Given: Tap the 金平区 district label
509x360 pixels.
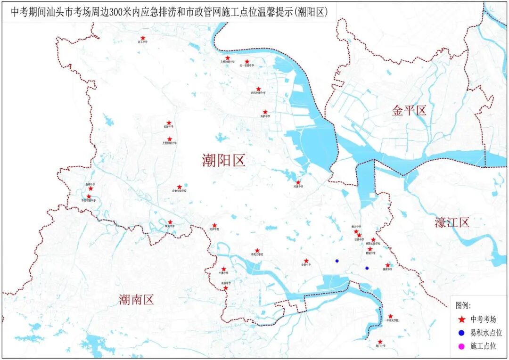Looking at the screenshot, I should tap(409, 111).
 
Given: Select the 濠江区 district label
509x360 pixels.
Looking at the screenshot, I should tap(452, 222).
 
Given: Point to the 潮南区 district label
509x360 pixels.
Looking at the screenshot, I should tap(136, 299).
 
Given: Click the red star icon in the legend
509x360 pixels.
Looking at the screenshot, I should tap(461, 319).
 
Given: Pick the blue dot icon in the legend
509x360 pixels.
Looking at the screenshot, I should tap(461, 333).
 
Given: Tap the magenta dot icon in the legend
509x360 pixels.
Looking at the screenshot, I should tap(461, 346).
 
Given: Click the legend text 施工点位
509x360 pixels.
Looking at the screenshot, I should tap(483, 346).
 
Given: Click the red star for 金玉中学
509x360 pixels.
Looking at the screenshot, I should tap(143, 38).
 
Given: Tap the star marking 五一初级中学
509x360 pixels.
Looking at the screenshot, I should tap(247, 62).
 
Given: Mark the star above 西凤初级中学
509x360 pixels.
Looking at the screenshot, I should tap(258, 89).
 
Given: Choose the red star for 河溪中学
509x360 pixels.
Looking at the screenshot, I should tap(298, 182).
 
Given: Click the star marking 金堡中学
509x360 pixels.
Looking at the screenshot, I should tap(306, 261).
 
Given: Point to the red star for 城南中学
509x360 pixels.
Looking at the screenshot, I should tap(388, 265).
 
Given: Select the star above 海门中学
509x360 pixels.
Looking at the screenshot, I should tap(380, 342).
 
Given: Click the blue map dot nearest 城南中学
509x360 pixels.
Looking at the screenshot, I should tap(367, 268).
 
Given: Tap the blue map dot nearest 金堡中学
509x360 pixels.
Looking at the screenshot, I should tap(337, 261).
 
